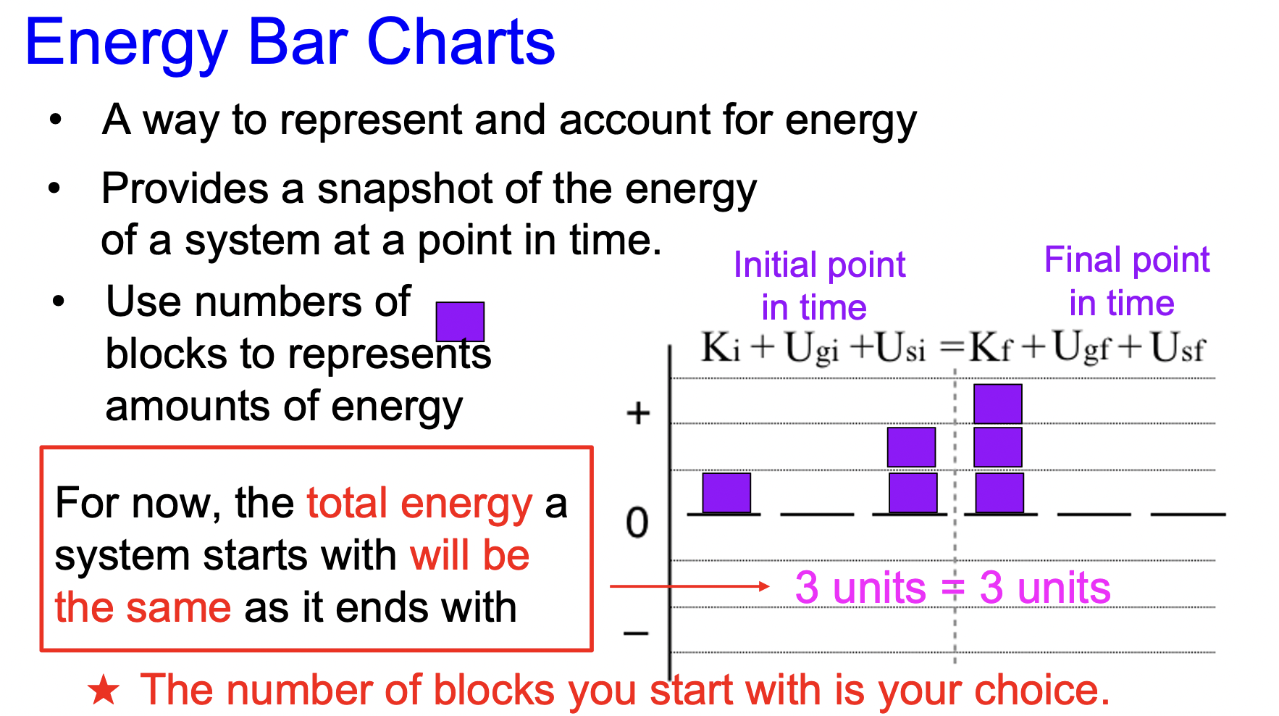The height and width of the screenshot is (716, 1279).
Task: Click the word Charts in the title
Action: coord(461,42)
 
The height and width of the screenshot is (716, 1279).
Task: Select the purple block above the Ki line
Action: coord(726,493)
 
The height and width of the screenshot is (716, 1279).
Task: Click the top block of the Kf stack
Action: coord(998,404)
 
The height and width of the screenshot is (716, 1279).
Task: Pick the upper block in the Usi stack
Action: coord(912,447)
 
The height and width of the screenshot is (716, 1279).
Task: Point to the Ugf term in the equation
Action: coord(1081,348)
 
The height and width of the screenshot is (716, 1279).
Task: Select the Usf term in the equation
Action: coord(1178,348)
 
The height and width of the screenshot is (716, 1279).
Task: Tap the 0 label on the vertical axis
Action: coord(637,523)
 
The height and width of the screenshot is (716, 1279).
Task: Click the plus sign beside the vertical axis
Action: coord(638,414)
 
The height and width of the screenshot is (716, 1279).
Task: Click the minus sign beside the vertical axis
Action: coord(636,633)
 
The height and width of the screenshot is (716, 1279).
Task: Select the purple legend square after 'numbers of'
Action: coord(460,322)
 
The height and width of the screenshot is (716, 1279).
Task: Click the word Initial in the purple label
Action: coord(776,265)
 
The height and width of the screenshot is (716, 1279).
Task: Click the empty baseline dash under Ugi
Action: coord(817,514)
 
